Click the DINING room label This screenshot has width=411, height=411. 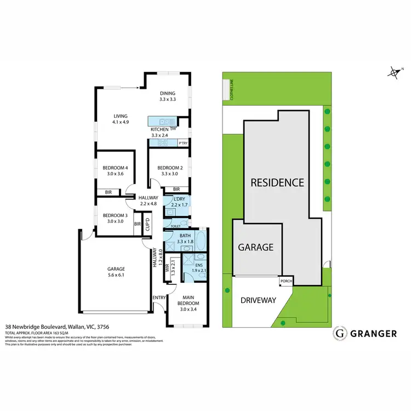[167, 93]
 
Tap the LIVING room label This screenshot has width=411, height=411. [121, 116]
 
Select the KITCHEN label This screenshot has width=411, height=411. [160, 129]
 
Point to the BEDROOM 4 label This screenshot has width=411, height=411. [116, 168]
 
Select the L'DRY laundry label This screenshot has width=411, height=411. [179, 199]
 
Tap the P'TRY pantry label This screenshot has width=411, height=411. [183, 143]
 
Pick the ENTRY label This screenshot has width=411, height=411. [159, 298]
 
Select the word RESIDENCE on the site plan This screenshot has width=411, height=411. [277, 182]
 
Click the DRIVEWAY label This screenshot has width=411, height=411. [258, 300]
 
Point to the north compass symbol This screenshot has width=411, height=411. [393, 72]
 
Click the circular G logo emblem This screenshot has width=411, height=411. [340, 333]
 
